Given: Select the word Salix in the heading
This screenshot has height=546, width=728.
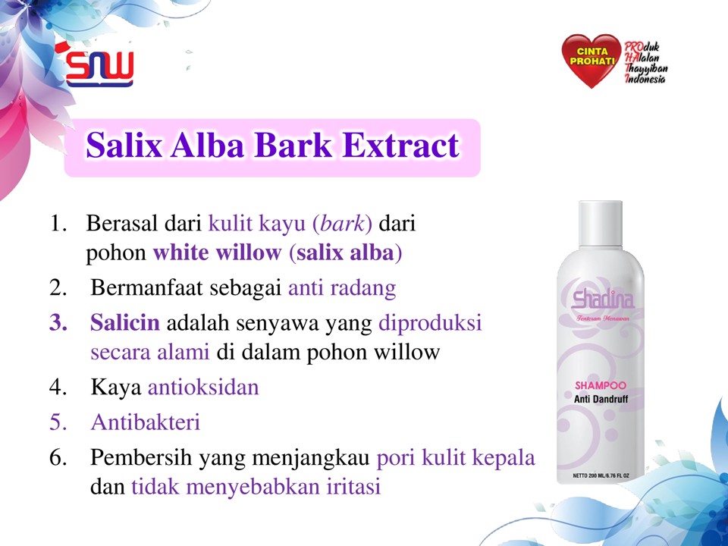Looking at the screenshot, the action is click(124, 146).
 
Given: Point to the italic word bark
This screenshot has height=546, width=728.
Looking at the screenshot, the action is click(343, 223).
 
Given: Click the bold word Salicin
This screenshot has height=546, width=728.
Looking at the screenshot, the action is click(125, 322).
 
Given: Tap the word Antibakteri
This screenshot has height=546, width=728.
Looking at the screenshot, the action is click(146, 422).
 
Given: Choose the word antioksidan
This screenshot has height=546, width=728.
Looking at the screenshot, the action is click(203, 387).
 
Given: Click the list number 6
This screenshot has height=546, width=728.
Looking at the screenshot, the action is click(58, 457).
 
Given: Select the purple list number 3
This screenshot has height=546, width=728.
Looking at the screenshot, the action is click(58, 323).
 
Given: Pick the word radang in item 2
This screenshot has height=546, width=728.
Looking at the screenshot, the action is click(362, 288).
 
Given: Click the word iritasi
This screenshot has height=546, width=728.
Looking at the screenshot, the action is click(353, 487).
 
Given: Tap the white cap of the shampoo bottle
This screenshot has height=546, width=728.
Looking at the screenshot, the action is click(600, 224).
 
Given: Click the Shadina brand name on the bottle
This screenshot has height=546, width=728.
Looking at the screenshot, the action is click(603, 300).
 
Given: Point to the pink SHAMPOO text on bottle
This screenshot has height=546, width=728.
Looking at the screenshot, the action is click(601, 385).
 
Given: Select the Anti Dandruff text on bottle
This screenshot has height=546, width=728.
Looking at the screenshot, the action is click(601, 399).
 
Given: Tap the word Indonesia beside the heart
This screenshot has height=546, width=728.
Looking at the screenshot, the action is click(645, 78).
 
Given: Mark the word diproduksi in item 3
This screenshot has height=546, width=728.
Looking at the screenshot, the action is click(430, 323).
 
